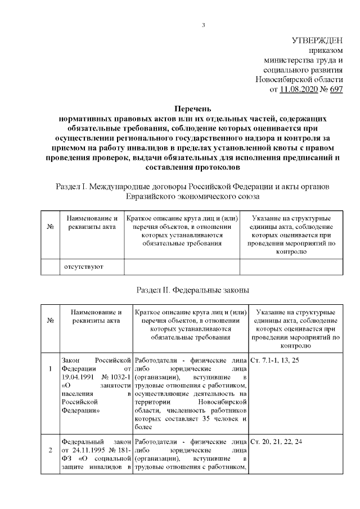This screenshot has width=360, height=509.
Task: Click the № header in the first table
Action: pos(51,226)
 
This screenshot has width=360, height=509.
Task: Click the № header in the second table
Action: pos(51,321)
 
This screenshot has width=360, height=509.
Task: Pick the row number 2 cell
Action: pos(51,450)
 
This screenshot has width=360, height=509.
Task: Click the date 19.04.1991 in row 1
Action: pos(79,377)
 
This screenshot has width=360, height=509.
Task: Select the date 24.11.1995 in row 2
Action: pos(93,451)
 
